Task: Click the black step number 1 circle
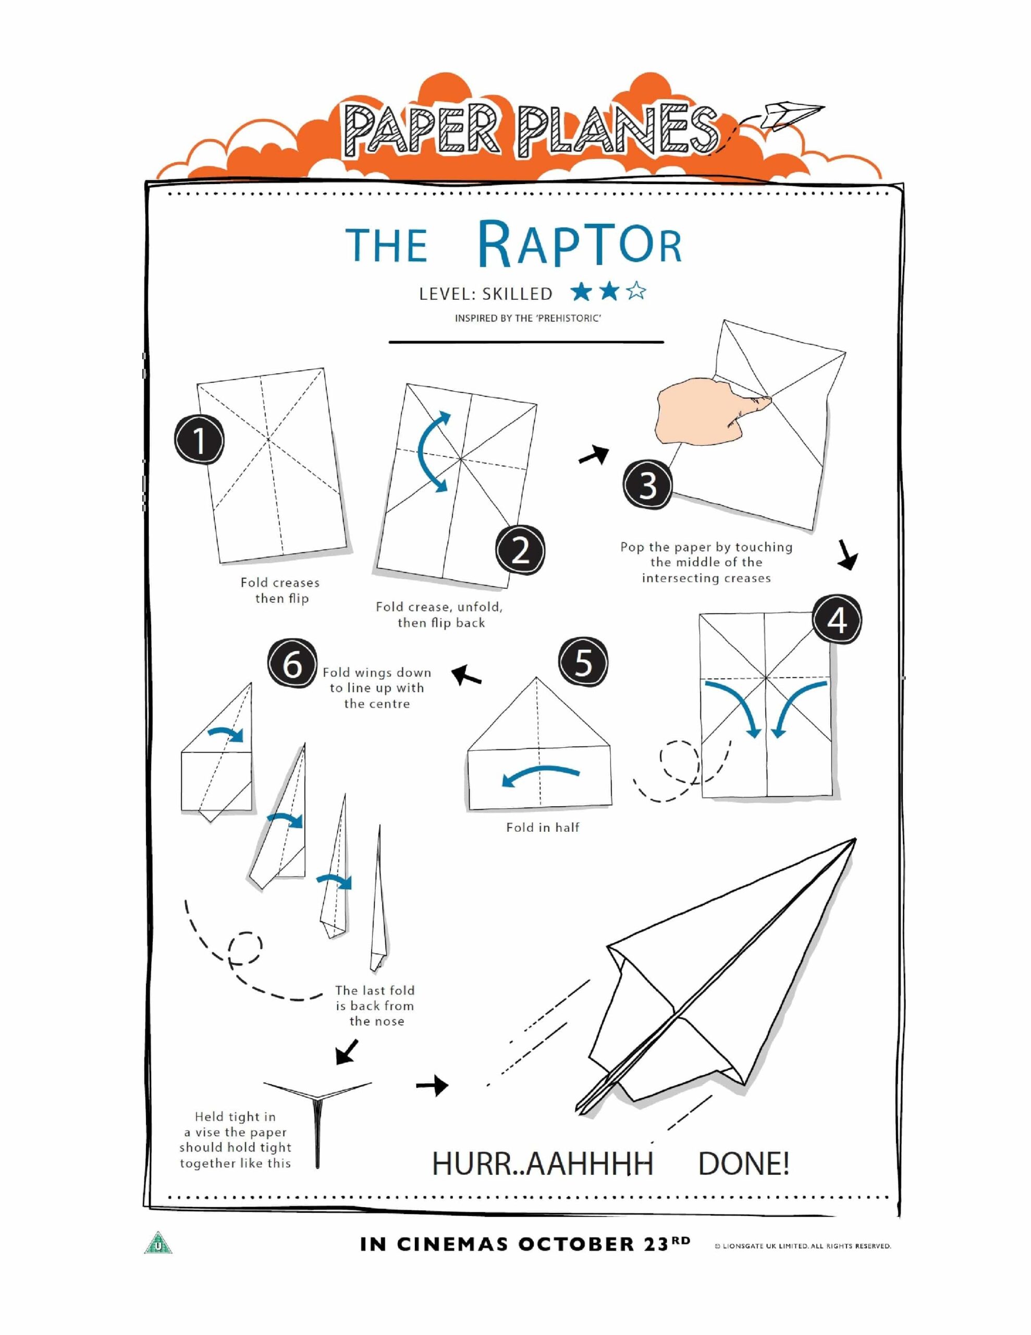[199, 440]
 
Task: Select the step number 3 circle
[647, 486]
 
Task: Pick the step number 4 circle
[837, 621]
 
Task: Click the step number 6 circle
[292, 664]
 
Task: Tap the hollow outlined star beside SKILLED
[636, 292]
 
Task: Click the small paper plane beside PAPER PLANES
[793, 114]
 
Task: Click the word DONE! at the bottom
[743, 1163]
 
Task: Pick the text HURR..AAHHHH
[542, 1163]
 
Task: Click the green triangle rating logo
[158, 1243]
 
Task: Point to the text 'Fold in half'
[542, 827]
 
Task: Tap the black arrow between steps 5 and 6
[467, 675]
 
